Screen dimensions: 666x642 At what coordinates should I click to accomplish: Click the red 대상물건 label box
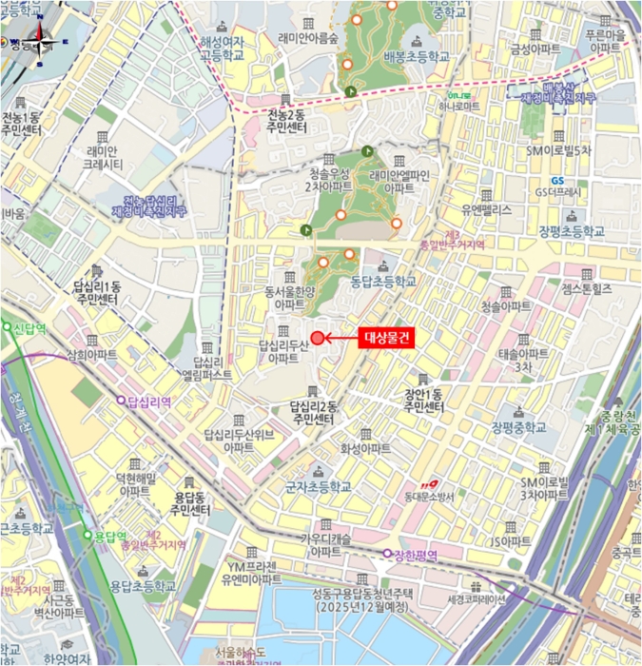click(388, 338)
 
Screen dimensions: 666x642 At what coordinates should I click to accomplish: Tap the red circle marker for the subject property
click(318, 338)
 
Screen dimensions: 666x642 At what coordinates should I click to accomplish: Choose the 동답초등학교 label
click(383, 282)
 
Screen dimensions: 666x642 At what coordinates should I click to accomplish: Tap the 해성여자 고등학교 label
click(222, 49)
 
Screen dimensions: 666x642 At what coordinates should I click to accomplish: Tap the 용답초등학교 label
click(143, 586)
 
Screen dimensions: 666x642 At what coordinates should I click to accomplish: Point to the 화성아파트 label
click(365, 448)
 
